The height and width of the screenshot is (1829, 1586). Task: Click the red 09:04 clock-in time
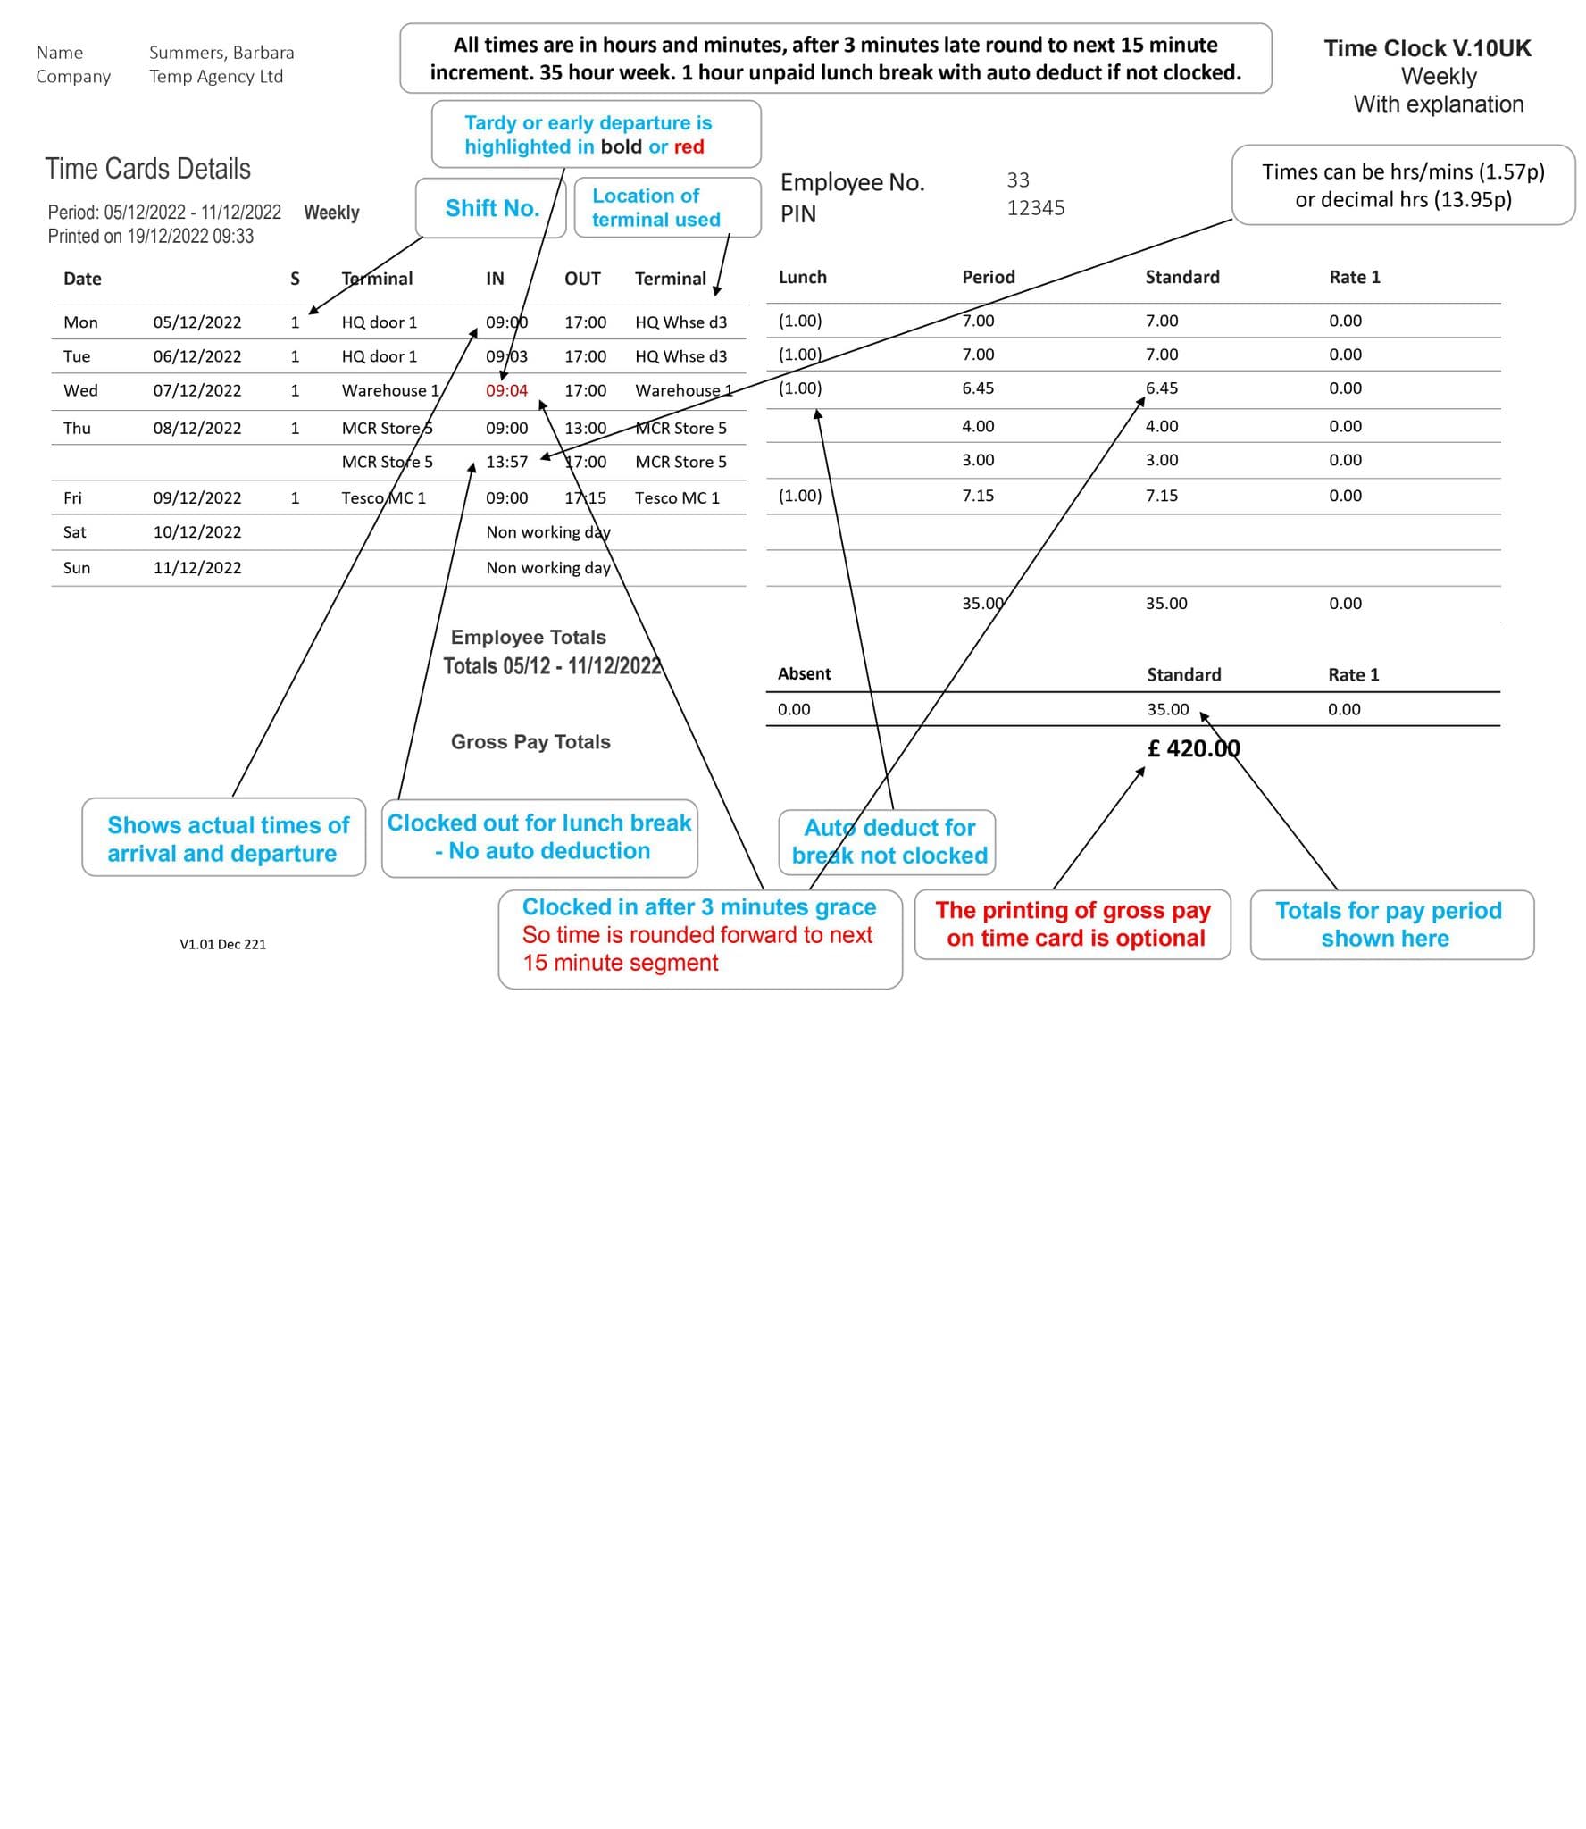point(506,390)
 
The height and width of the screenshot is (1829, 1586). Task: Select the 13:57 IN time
point(506,462)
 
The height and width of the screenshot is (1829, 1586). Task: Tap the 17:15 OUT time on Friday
point(585,497)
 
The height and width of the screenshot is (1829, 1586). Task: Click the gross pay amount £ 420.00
point(1193,748)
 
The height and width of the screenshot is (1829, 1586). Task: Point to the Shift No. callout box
point(491,208)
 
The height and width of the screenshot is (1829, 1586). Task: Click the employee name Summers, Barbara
point(221,53)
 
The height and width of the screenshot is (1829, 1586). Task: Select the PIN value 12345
point(1035,208)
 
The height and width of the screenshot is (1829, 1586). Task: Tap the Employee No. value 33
point(1018,180)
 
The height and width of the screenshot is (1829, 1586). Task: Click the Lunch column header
point(802,277)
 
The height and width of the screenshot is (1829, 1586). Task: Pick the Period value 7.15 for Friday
point(978,496)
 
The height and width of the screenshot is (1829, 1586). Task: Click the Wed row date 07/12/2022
point(196,390)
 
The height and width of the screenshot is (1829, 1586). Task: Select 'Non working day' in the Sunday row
point(547,567)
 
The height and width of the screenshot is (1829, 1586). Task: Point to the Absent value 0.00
point(793,709)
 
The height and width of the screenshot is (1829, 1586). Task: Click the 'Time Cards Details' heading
point(147,169)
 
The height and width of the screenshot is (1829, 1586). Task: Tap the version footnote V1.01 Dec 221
point(222,944)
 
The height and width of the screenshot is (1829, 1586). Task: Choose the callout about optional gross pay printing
point(1073,924)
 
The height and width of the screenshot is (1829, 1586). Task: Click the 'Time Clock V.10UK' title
point(1426,48)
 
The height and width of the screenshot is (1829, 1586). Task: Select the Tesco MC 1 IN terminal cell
point(383,497)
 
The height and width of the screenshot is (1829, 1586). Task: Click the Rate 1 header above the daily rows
point(1354,277)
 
